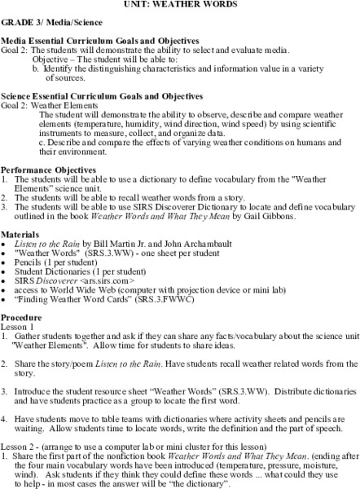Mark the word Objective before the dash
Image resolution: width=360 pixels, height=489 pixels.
click(54, 58)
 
